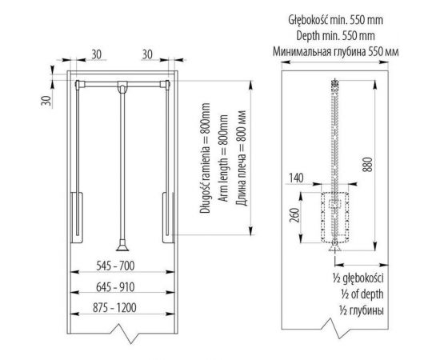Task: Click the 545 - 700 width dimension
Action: (115, 266)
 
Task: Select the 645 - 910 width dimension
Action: (115, 287)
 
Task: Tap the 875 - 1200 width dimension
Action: (114, 308)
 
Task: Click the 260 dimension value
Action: (294, 215)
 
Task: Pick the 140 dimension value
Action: (296, 178)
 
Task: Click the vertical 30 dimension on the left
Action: (46, 101)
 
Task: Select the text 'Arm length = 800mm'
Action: (224, 158)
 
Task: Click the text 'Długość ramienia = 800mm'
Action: (205, 158)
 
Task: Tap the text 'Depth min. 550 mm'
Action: (335, 36)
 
